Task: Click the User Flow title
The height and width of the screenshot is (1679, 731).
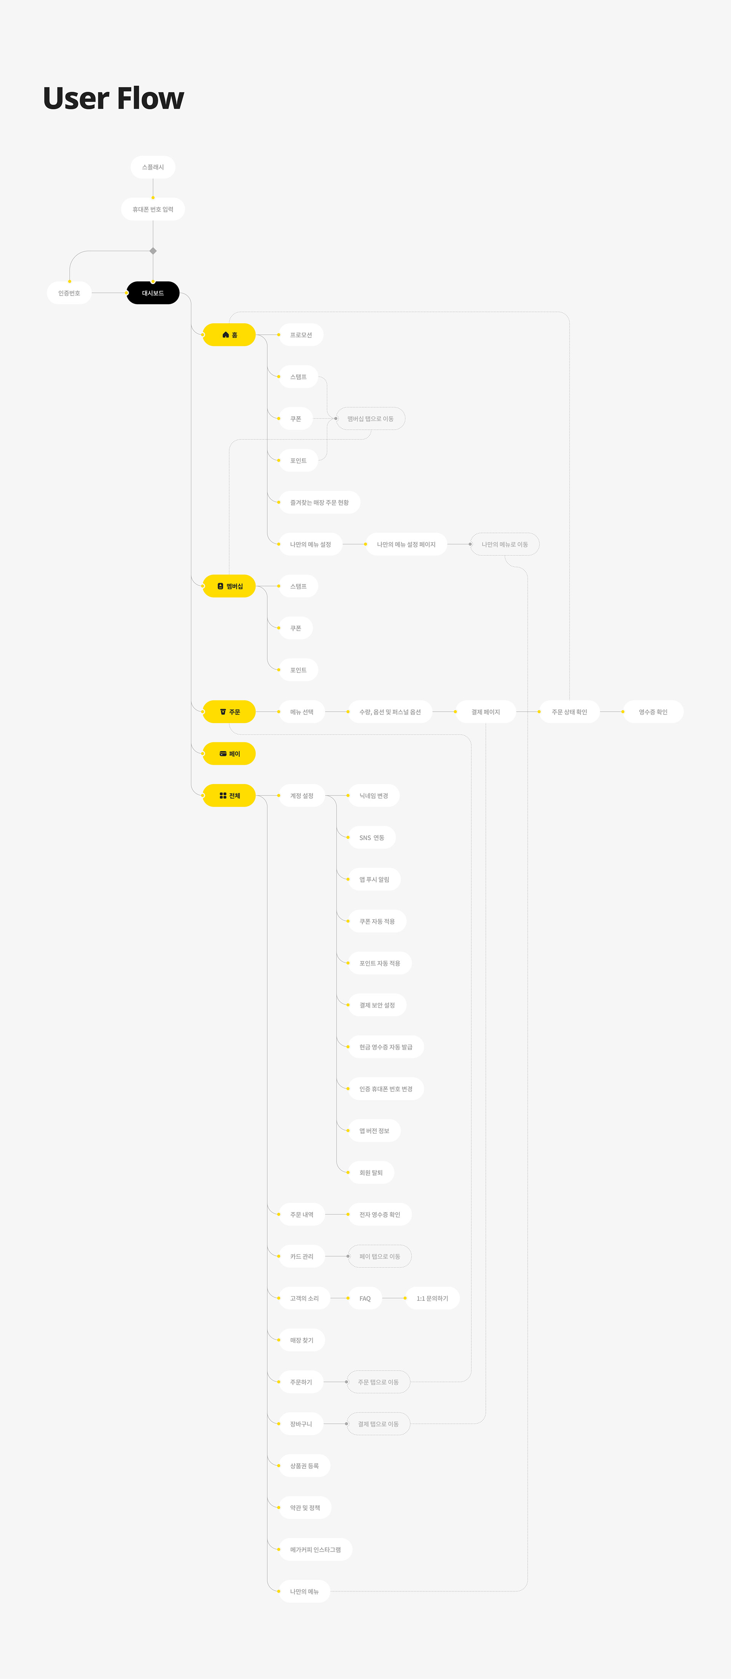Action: coord(113,98)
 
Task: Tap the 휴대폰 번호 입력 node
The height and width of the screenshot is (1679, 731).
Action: coord(153,209)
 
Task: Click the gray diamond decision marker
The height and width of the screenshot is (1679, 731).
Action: coord(153,251)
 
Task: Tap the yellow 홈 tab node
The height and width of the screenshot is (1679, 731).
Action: coord(229,335)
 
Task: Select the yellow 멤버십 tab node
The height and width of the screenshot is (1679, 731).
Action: coord(229,586)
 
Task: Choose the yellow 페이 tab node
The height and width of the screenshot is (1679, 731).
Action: coord(229,754)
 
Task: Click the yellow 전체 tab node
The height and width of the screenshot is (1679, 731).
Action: coord(229,796)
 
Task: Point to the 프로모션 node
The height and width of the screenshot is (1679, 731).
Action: coord(301,335)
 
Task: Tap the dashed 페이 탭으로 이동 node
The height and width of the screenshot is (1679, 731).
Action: coord(380,1257)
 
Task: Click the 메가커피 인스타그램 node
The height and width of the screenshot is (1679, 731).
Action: coord(315,1550)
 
